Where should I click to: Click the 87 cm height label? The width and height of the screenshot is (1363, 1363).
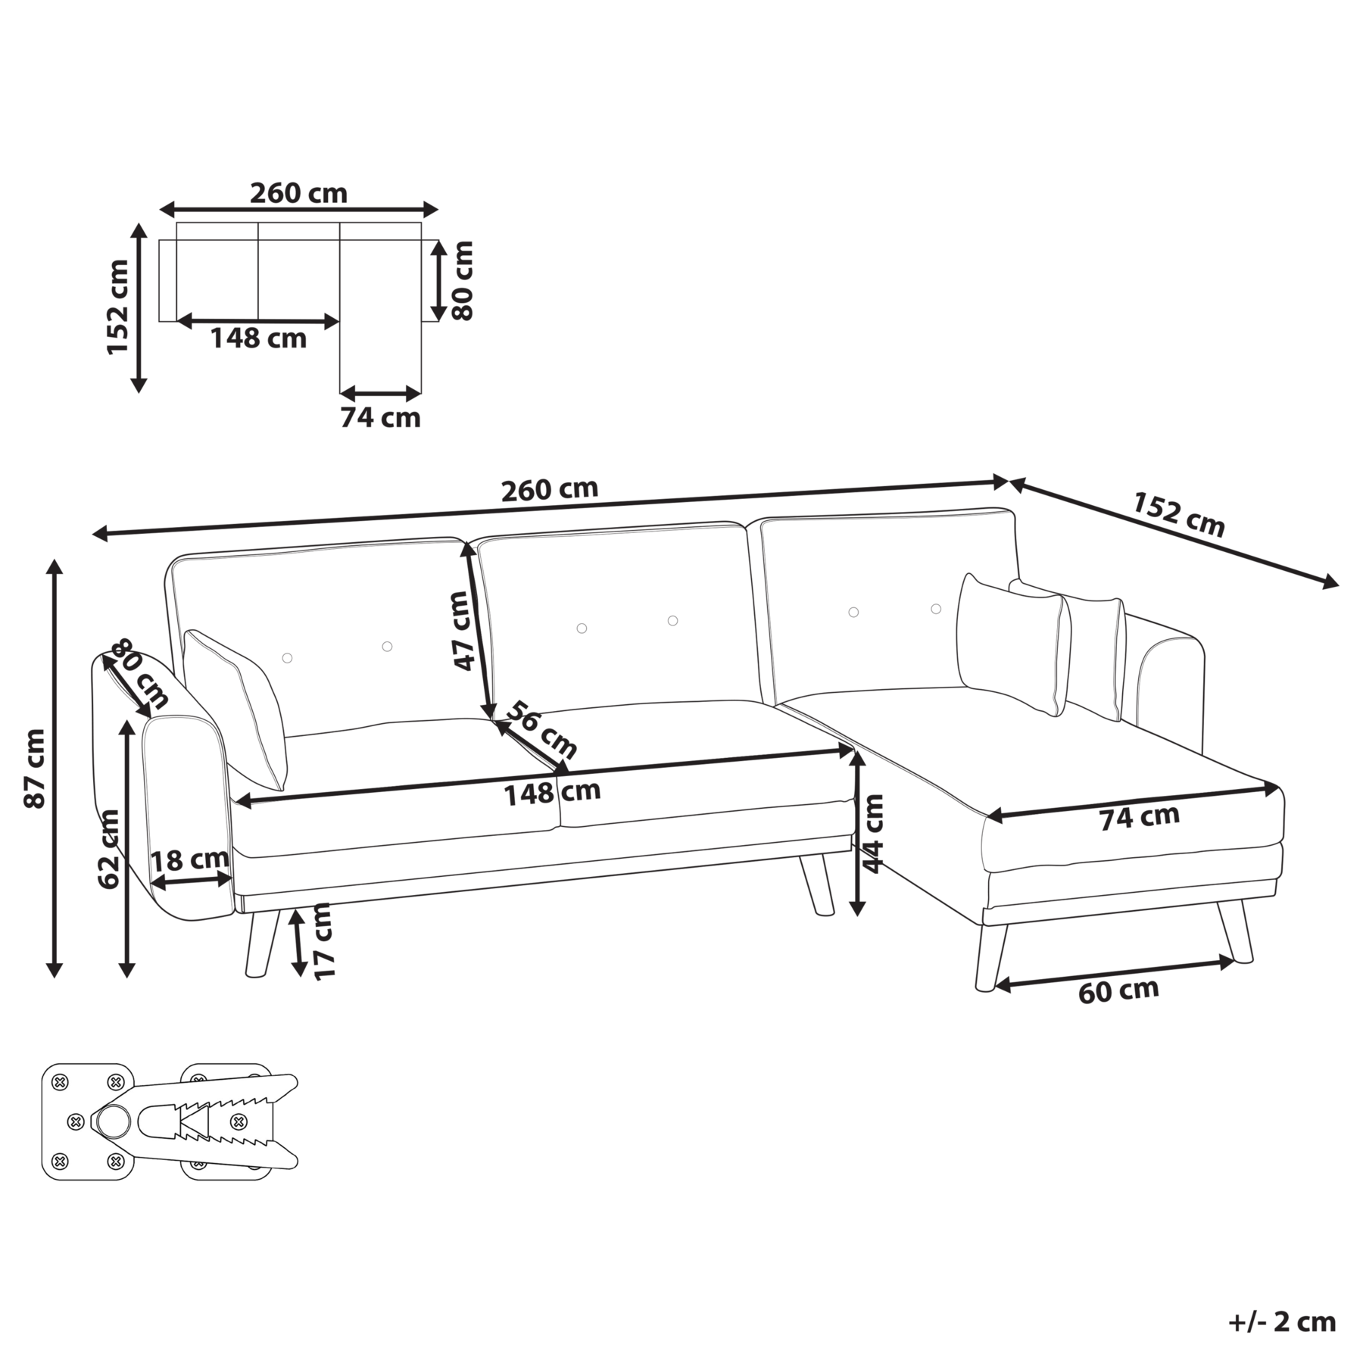click(x=35, y=768)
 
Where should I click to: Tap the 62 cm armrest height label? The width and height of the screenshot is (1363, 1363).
click(x=109, y=848)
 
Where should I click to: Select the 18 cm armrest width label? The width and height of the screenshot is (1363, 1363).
click(x=189, y=860)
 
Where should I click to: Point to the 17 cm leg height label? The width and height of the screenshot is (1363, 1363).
click(x=324, y=941)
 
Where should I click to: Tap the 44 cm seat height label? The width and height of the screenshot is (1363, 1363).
click(x=875, y=833)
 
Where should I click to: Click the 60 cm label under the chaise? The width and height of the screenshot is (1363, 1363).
click(x=1118, y=990)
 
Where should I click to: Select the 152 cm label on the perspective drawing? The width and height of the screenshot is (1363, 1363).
click(x=1178, y=514)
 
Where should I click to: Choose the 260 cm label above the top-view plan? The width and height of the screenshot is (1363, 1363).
click(x=298, y=194)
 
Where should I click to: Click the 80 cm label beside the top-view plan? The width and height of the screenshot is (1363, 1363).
click(x=462, y=280)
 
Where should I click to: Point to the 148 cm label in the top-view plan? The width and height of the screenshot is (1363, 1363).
click(x=258, y=338)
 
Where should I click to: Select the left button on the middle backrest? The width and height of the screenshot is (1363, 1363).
click(x=582, y=628)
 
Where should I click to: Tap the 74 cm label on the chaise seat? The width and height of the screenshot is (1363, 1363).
click(x=1139, y=817)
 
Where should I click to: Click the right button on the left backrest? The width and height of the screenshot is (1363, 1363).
click(x=387, y=646)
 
